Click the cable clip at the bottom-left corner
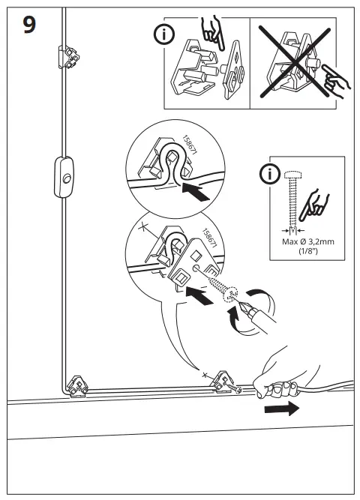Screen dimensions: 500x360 [77, 387]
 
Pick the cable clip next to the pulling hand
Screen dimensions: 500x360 [224, 384]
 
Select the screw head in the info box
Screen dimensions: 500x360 [293, 174]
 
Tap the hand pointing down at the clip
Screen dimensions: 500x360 [210, 31]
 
